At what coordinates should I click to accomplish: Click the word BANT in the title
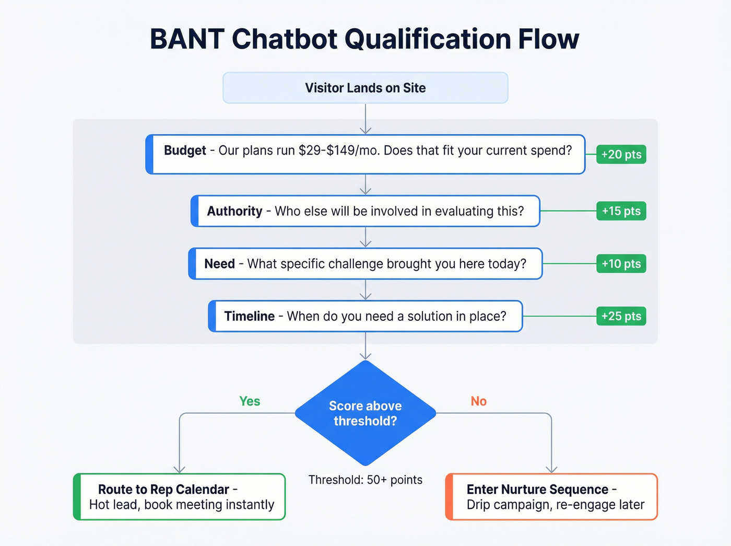[x=187, y=39]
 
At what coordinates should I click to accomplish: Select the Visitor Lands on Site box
[x=365, y=88]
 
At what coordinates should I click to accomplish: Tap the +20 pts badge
[x=621, y=155]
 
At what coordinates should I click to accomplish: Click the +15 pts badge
[x=621, y=211]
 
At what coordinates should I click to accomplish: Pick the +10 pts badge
[x=621, y=264]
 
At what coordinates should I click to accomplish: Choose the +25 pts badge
[x=621, y=316]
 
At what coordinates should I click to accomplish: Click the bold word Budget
[x=185, y=150]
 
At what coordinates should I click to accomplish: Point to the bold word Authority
[x=234, y=211]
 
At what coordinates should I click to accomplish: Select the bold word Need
[x=219, y=264]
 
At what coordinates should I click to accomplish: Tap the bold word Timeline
[x=249, y=316]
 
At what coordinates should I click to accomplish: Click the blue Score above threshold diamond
[x=365, y=413]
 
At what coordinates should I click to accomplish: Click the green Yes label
[x=250, y=401]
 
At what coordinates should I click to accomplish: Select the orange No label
[x=478, y=401]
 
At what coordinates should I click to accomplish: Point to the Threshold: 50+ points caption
[x=365, y=480]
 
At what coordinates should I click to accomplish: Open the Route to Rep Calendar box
[x=180, y=497]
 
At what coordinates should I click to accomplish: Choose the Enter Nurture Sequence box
[x=551, y=497]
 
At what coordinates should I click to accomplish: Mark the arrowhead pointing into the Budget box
[x=365, y=130]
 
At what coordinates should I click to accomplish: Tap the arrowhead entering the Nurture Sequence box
[x=551, y=469]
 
